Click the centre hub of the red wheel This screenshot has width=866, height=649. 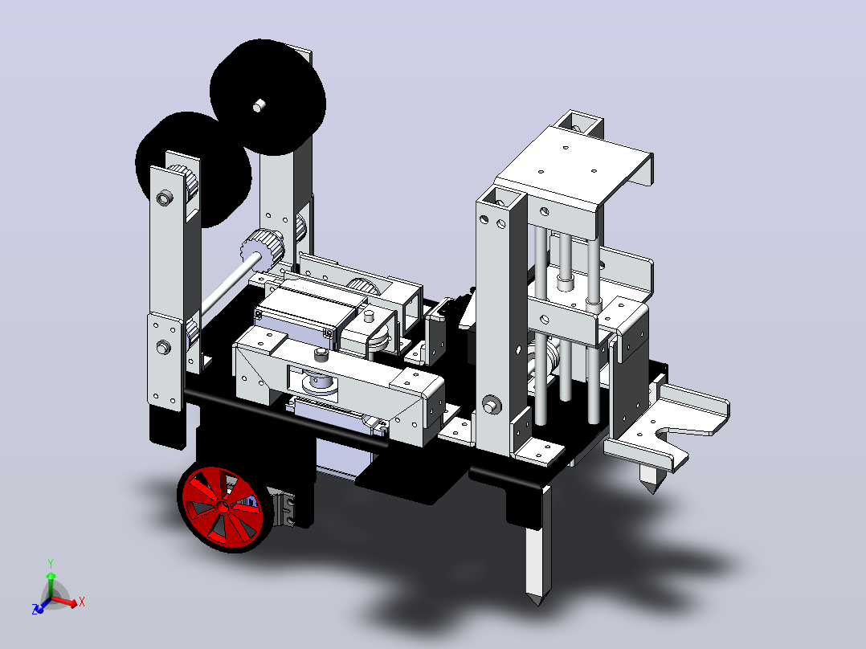[223, 507]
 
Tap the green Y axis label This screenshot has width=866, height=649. [51, 564]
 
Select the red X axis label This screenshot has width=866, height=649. [82, 602]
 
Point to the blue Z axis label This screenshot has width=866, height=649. [35, 609]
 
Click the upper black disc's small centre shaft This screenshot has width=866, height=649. [259, 105]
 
